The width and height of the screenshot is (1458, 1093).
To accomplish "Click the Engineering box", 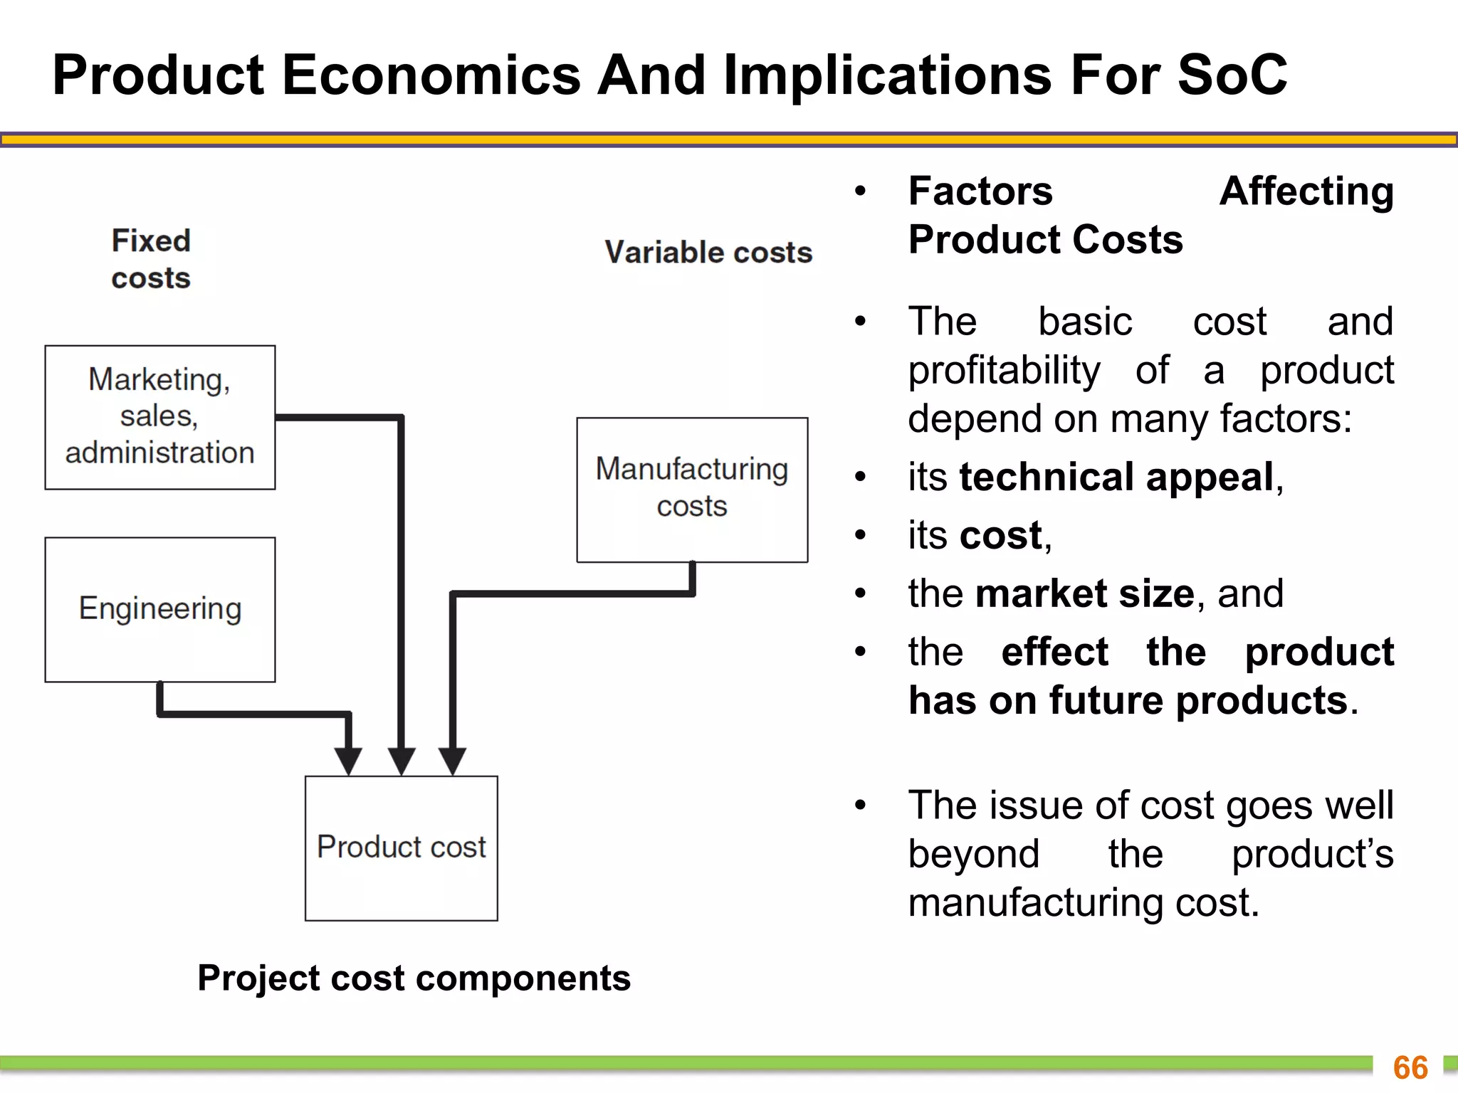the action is (x=160, y=609).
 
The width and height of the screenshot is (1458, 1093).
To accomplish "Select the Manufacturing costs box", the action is (x=692, y=489).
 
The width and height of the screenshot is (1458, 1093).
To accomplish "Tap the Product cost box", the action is (x=402, y=848).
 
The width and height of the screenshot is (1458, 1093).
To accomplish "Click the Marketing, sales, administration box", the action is (x=160, y=417).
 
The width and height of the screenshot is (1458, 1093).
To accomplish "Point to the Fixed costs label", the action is (x=151, y=259).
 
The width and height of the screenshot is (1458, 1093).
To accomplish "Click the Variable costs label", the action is (x=708, y=253).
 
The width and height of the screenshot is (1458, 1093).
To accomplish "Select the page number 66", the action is (x=1410, y=1067).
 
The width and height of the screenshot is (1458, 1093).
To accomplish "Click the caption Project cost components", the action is (x=414, y=978).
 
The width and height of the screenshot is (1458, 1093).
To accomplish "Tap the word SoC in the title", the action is (x=1232, y=75).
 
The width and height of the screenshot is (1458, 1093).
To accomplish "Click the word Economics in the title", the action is (x=431, y=75).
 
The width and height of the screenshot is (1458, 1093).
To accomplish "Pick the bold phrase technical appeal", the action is (x=1116, y=477).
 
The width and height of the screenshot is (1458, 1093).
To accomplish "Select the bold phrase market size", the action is (x=1084, y=593).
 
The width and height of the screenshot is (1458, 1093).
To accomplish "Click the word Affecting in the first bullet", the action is (x=1306, y=191).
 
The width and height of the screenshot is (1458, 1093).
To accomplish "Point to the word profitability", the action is (x=1004, y=370).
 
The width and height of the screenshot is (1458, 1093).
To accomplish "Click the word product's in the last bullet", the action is (x=1312, y=854).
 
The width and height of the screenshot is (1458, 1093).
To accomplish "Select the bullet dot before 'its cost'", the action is (x=861, y=535).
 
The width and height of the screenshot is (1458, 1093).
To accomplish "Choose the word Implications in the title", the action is (x=888, y=75).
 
